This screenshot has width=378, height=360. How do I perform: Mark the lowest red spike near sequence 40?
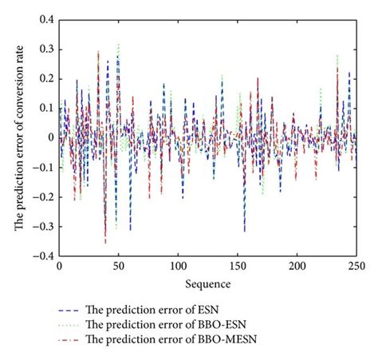click(x=105, y=242)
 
